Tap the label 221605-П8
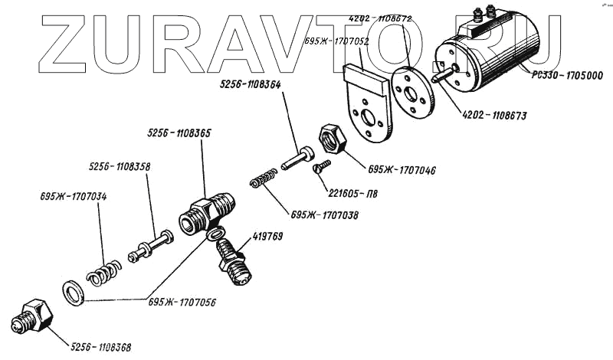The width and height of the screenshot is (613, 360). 352,194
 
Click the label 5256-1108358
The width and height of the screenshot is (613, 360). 119,165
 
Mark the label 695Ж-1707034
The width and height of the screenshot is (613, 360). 74,197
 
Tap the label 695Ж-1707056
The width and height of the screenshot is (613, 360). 182,302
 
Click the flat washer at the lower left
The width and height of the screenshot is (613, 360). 73,292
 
